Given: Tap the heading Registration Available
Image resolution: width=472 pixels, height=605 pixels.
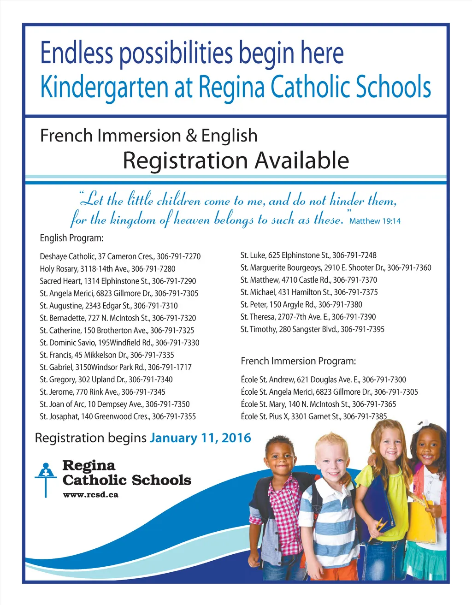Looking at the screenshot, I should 236,160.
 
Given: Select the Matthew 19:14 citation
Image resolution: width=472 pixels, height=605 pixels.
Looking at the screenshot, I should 375,221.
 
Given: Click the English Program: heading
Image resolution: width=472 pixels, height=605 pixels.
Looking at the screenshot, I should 71,238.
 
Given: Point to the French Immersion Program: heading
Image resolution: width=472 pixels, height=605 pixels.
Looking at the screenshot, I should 298,361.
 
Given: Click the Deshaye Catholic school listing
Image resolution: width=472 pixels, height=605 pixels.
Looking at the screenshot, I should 120,256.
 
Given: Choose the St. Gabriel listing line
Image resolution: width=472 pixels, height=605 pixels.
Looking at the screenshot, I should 115,368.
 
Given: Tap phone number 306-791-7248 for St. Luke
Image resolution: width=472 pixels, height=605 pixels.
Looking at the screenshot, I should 354,255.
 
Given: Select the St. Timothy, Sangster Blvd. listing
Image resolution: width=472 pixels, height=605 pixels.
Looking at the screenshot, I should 312,329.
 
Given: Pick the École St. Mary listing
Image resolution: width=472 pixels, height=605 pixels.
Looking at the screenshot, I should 318,404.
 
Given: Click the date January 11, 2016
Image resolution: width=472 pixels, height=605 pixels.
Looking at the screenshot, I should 200,438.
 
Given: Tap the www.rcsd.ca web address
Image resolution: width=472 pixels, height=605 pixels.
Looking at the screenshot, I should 90,495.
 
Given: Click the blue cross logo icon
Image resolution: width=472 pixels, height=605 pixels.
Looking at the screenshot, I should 45,478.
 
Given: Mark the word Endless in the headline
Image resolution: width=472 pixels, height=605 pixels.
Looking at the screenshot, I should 77,53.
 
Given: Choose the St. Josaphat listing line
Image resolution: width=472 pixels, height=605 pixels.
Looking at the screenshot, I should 118,417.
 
